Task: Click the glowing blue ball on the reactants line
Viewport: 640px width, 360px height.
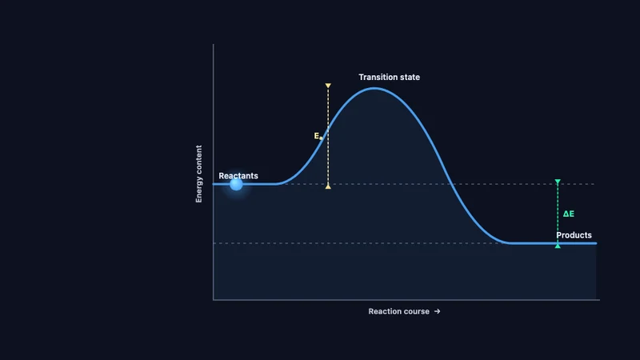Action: (x=236, y=184)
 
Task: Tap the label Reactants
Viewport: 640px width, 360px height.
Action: (x=238, y=176)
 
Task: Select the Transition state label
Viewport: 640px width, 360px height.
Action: (x=389, y=77)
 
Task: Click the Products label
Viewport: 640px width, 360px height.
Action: (x=574, y=235)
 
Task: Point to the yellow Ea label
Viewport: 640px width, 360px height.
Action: (x=318, y=136)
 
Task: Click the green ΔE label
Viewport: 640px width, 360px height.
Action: (x=569, y=214)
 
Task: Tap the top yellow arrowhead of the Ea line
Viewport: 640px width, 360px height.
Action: (x=328, y=86)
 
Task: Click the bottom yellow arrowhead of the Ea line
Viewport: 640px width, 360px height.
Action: (x=328, y=186)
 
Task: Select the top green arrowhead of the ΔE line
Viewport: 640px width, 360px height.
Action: (x=558, y=182)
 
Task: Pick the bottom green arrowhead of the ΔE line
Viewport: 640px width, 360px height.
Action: (x=558, y=246)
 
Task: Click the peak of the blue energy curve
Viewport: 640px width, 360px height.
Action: (x=374, y=88)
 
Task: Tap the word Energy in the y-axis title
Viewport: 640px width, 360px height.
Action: (x=198, y=190)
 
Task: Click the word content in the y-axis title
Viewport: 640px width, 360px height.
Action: (x=198, y=159)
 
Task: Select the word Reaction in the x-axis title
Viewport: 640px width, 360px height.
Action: (x=382, y=311)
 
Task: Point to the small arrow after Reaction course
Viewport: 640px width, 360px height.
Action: (x=437, y=311)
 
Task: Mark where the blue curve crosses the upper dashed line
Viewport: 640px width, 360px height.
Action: (x=451, y=184)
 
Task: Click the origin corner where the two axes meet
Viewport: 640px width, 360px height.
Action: (x=213, y=300)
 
